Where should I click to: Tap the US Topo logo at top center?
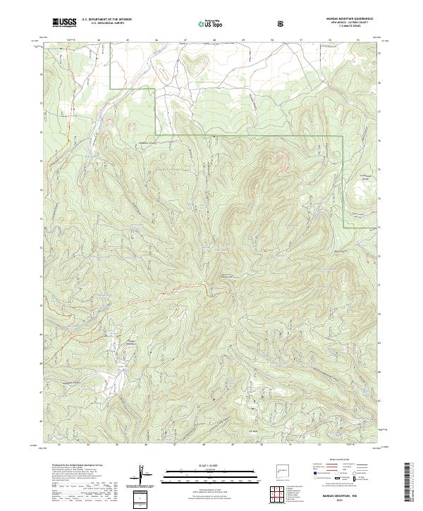pyautogui.click(x=211, y=23)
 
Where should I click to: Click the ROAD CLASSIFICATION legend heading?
pyautogui.click(x=339, y=460)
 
